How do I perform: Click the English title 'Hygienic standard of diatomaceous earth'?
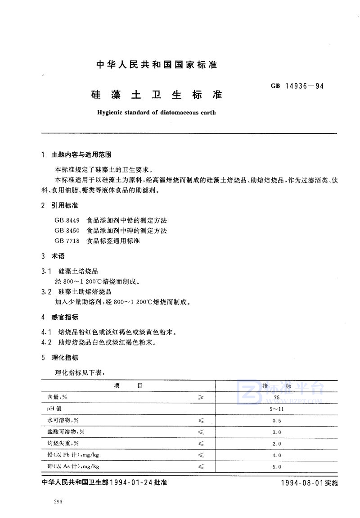pyautogui.click(x=156, y=112)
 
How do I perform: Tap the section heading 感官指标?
pyautogui.click(x=65, y=317)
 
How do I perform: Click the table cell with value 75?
pyautogui.click(x=276, y=397)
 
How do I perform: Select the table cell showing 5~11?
pyautogui.click(x=276, y=409)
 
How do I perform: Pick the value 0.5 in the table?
pyautogui.click(x=276, y=420)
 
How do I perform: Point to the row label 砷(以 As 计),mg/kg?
pyautogui.click(x=73, y=466)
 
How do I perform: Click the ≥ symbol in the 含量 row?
pyautogui.click(x=201, y=397)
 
